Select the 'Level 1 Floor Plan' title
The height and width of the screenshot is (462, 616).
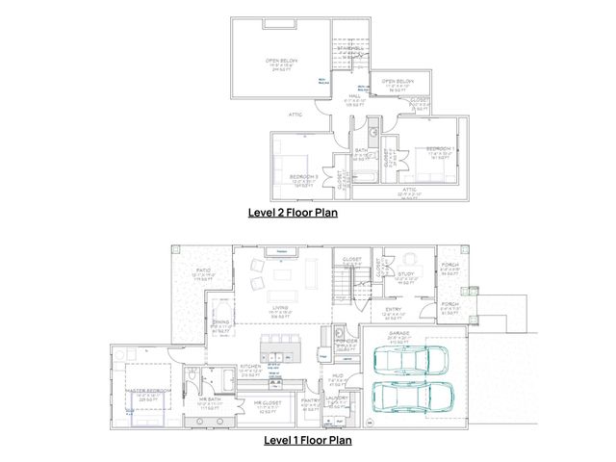pos(308,440)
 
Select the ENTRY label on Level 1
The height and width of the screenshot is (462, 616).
pos(395,309)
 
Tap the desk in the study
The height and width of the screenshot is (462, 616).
pos(411,260)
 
